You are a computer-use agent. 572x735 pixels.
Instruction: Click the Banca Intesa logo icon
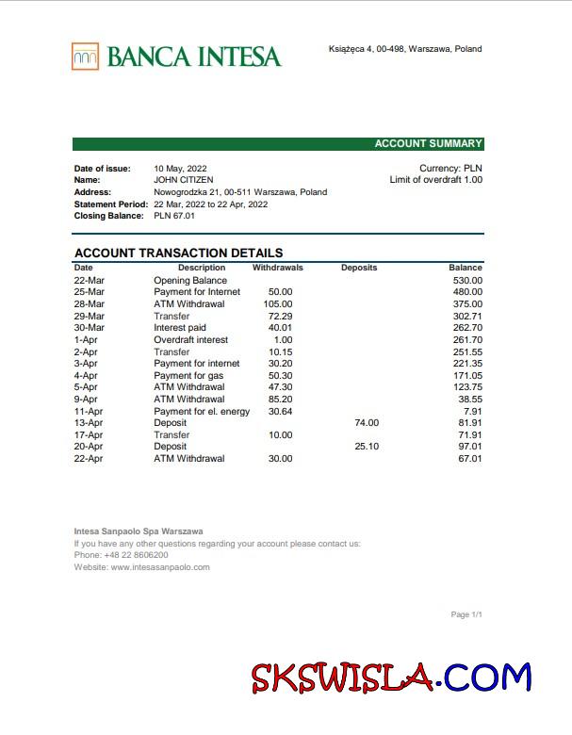[85, 57]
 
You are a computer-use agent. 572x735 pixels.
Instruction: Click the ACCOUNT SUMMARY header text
[428, 144]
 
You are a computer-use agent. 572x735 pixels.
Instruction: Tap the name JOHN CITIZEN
[183, 180]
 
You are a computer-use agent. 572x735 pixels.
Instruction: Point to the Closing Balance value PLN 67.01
[174, 216]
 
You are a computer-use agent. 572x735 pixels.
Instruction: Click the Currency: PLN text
[450, 169]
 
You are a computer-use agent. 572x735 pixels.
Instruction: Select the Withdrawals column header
[278, 268]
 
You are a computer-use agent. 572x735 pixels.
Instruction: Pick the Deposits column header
[359, 268]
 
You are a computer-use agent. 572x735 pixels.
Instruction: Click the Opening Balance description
[190, 280]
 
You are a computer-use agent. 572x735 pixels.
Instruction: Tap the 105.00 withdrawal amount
[278, 303]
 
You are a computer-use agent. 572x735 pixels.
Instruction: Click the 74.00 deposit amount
[367, 423]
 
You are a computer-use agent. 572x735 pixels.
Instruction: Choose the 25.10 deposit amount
[367, 447]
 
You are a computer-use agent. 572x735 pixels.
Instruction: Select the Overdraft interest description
[190, 339]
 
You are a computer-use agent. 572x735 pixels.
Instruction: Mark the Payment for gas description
[188, 375]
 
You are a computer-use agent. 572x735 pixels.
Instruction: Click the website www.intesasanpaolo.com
[159, 567]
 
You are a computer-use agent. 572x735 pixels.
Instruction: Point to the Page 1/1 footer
[466, 614]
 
